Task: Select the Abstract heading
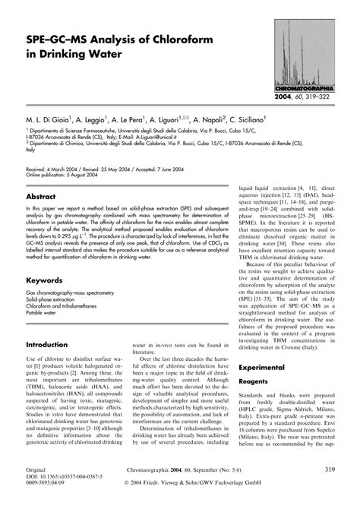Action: tap(44, 196)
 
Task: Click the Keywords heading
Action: tap(46, 280)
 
